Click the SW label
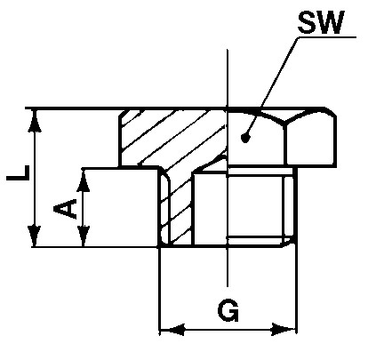pos(321,22)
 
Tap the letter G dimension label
pos(228,310)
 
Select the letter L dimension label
pos(19,173)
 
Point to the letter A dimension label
pos(65,209)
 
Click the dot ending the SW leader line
pos(245,138)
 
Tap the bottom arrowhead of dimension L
pos(36,236)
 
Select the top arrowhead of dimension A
pos(84,180)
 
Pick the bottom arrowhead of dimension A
pos(84,236)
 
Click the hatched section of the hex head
pos(173,138)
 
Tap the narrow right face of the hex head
pos(310,140)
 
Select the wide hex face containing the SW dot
pos(255,140)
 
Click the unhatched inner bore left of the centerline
pos(210,208)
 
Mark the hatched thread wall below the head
pos(176,207)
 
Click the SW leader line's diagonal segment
pos(272,87)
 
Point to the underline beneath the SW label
pos(327,37)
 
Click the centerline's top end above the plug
pos(228,50)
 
